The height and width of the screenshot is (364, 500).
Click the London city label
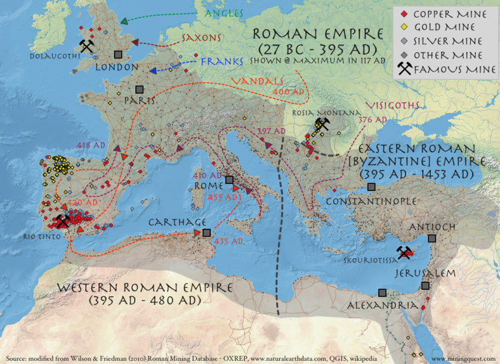[x=117, y=67]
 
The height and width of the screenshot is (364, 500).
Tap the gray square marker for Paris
[x=139, y=89]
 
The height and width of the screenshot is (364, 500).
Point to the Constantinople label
[x=371, y=201]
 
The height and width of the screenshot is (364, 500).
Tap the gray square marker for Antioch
[x=432, y=239]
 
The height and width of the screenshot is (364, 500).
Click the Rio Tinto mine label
[x=42, y=236]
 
